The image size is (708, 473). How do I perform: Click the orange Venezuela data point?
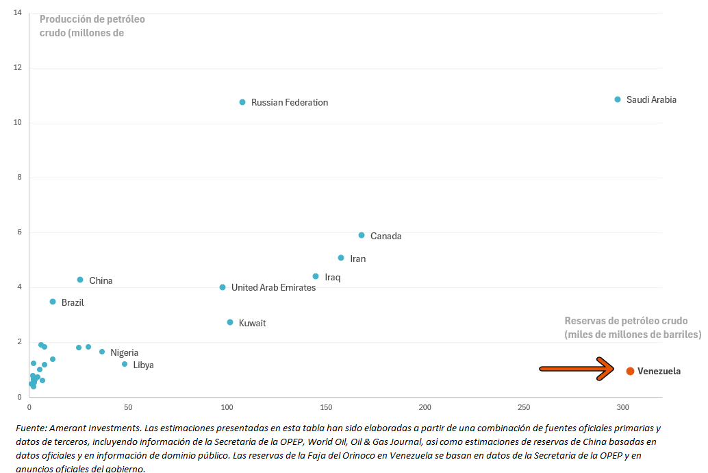coord(630,371)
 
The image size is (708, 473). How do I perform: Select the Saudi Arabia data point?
coord(618,99)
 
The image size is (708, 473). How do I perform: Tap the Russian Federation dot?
coord(242,102)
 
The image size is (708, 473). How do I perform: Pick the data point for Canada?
coord(362,235)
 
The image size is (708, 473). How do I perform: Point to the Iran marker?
coord(341,258)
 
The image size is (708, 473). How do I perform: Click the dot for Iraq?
coord(316,276)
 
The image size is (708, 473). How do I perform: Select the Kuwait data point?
coord(230,322)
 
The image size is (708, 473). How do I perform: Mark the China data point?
coord(80,280)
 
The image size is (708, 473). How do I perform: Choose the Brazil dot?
coord(53,302)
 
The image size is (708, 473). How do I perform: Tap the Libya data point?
coord(125,364)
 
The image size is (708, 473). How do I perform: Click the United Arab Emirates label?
coord(273,288)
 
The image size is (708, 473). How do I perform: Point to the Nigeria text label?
coord(124,353)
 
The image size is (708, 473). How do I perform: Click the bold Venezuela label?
coord(659,372)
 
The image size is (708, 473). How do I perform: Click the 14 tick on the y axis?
coord(17,13)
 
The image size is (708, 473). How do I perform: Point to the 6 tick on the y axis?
coord(20,232)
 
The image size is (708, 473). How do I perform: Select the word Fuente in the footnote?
coord(29,428)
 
